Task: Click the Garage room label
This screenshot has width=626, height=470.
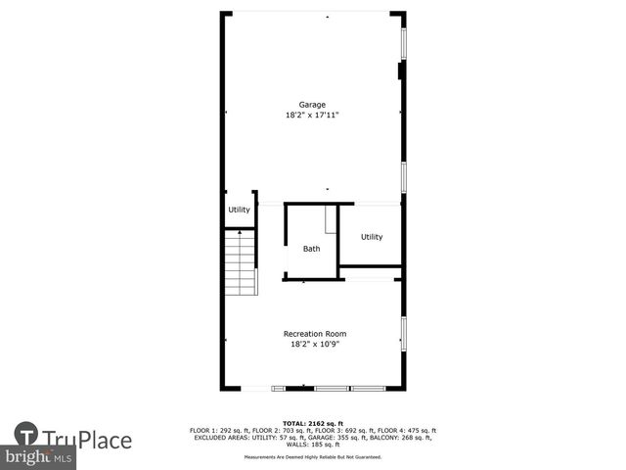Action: tap(312, 105)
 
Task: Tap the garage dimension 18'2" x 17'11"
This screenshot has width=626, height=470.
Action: tap(312, 115)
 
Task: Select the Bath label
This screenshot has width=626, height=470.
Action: tap(311, 249)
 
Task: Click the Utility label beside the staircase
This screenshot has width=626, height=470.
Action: tap(239, 210)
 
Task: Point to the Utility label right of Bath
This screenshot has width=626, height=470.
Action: tap(372, 237)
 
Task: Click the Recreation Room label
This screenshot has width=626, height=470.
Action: tap(314, 334)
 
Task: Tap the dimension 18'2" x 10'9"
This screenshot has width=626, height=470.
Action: tap(314, 344)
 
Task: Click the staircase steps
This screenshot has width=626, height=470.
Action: tap(241, 264)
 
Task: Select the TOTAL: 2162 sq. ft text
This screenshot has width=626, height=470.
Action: tap(313, 424)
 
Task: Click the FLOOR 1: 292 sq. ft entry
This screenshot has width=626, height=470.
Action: tap(221, 431)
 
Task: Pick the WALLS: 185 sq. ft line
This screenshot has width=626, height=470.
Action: tap(313, 445)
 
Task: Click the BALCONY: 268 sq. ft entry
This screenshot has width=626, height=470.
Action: tap(400, 438)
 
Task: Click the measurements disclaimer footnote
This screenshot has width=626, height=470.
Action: tap(313, 456)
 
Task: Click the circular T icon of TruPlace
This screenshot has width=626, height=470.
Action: tap(26, 435)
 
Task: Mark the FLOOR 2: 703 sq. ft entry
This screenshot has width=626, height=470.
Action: tap(282, 431)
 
